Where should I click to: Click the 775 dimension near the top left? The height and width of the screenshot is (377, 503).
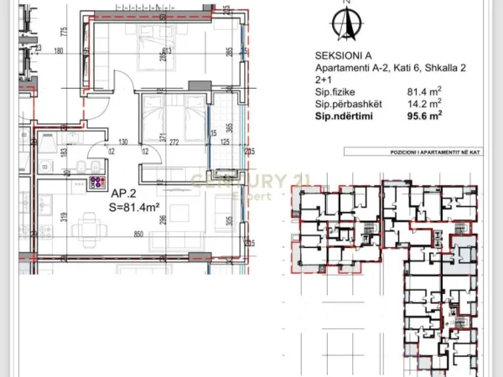(x=63, y=33)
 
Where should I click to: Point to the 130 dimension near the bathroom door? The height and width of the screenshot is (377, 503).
(x=122, y=142)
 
